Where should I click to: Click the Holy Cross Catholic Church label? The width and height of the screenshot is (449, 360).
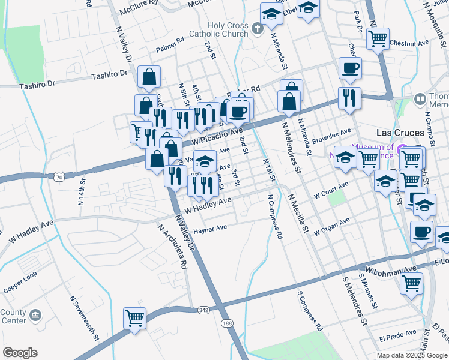click(228, 29)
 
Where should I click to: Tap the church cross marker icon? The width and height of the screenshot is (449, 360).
click(257, 28)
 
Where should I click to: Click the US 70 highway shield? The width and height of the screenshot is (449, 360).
click(58, 177)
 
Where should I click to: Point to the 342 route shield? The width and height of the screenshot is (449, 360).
click(204, 310)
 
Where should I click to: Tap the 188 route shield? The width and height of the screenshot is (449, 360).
click(227, 323)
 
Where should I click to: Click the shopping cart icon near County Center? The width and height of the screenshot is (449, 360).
click(134, 318)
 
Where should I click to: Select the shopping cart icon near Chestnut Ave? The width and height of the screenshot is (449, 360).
click(378, 39)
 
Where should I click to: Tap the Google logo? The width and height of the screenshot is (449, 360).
click(20, 353)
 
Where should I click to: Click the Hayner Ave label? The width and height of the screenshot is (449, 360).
click(209, 229)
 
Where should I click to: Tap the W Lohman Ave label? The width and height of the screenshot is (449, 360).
click(393, 268)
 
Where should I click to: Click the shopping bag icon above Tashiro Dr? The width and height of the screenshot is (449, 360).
click(149, 77)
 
